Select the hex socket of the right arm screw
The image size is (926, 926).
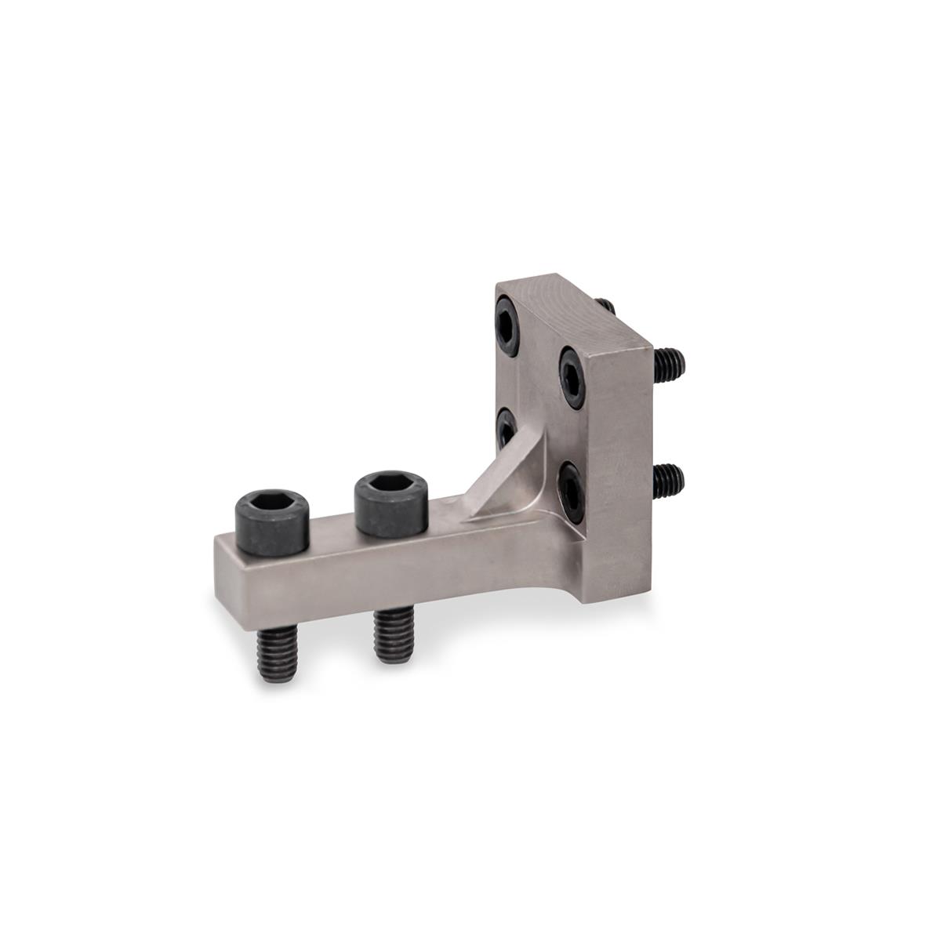pos(389,486)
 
